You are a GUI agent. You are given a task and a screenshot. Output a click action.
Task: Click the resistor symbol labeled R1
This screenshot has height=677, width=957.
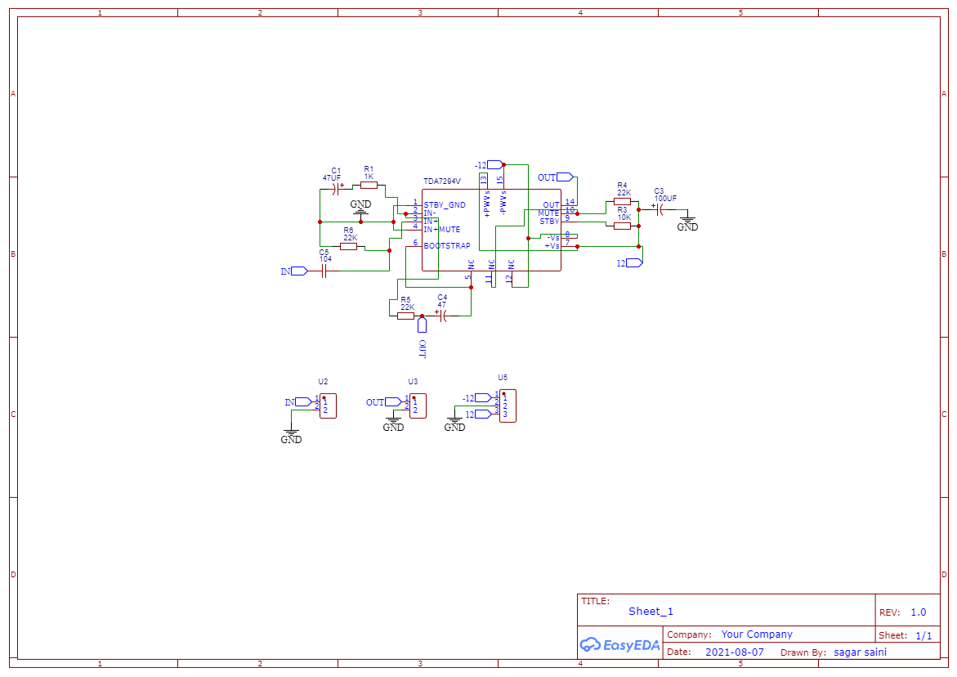click(x=369, y=185)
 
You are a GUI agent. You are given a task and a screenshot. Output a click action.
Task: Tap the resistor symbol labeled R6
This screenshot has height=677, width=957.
click(x=349, y=246)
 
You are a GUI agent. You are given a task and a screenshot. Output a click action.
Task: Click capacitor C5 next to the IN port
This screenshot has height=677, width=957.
click(x=324, y=271)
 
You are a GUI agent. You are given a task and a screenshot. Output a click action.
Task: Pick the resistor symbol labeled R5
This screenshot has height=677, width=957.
click(x=405, y=316)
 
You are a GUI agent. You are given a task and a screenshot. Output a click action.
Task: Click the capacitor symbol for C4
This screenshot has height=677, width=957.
click(x=443, y=316)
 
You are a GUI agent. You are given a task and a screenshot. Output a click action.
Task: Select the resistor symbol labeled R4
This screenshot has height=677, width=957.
click(x=623, y=200)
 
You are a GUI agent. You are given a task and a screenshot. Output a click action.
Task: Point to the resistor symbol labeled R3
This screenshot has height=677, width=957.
click(x=623, y=226)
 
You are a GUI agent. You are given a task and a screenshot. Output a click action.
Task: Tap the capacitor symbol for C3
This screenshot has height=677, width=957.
click(x=660, y=209)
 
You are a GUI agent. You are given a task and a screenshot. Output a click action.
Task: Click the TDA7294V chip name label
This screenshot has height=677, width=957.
click(x=442, y=182)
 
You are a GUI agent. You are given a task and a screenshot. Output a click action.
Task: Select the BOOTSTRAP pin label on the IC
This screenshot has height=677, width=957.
click(x=447, y=245)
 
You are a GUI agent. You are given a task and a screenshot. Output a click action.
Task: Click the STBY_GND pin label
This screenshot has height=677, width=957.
click(x=445, y=205)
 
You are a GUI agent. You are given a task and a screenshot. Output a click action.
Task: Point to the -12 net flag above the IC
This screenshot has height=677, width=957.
click(x=488, y=165)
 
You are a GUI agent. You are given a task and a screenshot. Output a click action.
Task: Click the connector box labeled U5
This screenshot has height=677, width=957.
click(x=508, y=406)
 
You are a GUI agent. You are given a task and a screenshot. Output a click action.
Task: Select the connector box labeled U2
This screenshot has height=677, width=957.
click(x=328, y=406)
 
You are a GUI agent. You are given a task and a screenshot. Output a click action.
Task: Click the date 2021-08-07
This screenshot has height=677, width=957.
click(x=735, y=652)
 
